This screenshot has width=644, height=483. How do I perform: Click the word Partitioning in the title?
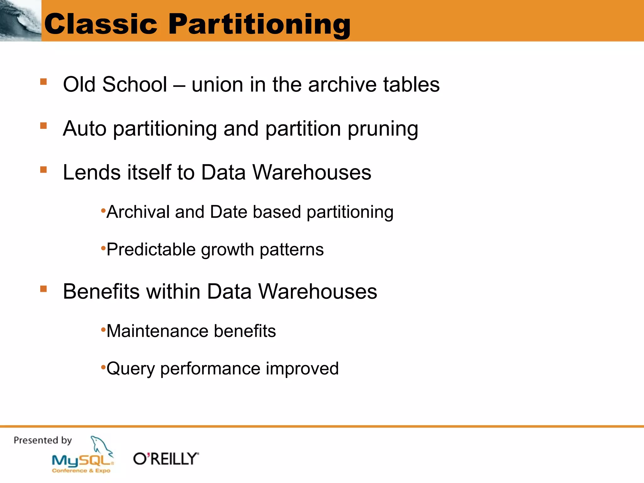click(259, 25)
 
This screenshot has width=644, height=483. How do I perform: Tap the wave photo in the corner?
click(20, 20)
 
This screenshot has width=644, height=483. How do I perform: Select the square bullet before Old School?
click(43, 82)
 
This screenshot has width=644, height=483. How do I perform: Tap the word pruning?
click(383, 129)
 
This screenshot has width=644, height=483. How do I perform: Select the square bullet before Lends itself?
click(43, 170)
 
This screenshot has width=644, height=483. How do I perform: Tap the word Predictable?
click(151, 249)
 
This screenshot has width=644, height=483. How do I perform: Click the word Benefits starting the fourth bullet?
click(101, 291)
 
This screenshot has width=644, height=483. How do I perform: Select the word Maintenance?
click(158, 331)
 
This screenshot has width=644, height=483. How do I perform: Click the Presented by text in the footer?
click(43, 440)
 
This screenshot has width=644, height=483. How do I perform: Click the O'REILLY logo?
click(166, 459)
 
